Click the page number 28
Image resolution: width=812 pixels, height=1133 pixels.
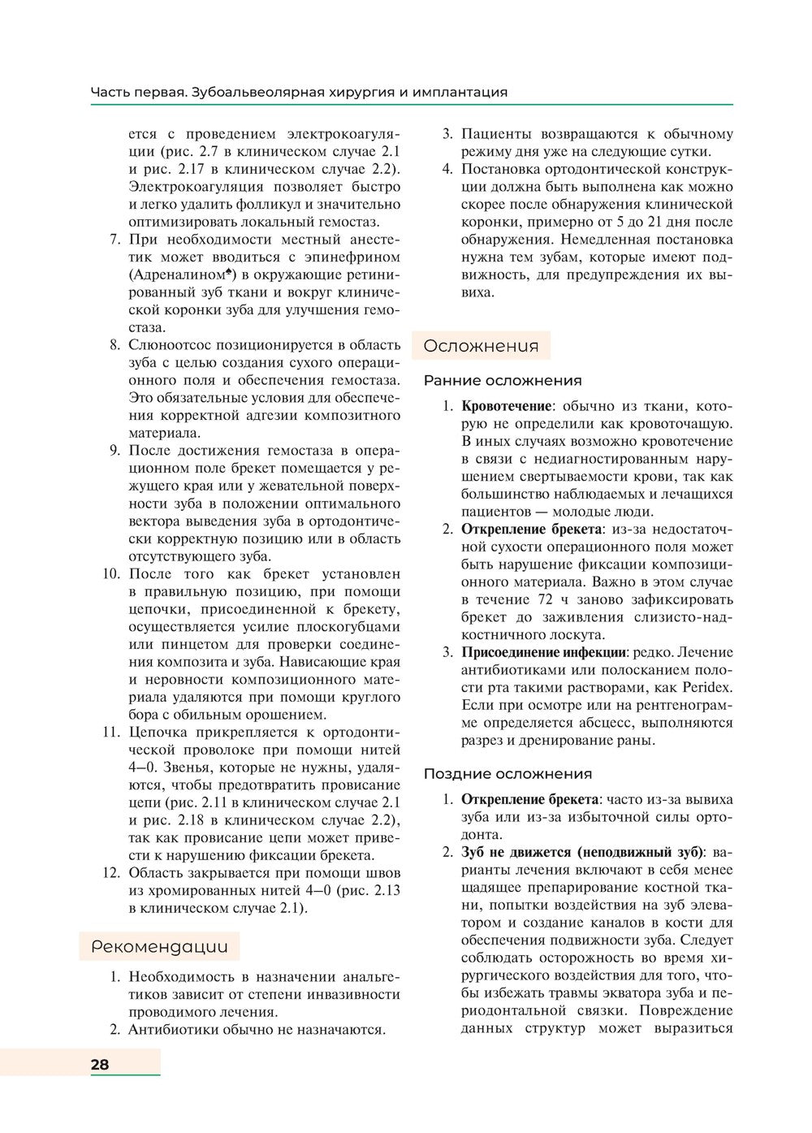coord(100,1065)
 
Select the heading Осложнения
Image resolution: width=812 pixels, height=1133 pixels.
coord(481,346)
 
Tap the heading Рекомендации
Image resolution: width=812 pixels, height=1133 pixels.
coord(159,946)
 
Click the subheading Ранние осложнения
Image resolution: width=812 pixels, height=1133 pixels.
coord(503,380)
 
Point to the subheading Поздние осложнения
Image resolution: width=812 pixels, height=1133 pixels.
coord(508,774)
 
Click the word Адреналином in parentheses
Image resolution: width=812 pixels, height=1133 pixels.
coord(177,275)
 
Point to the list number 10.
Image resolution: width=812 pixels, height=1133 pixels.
coord(111,574)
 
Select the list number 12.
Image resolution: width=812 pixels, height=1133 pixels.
coord(111,873)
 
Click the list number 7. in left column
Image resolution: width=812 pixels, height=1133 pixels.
coord(114,240)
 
